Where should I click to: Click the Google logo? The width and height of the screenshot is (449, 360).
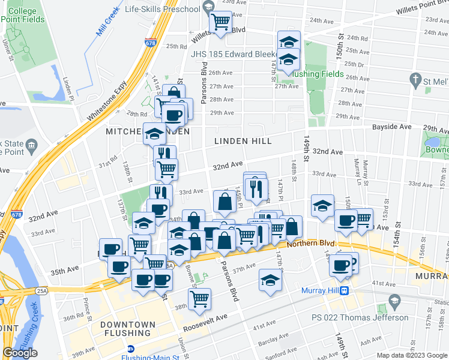click(x=20, y=353)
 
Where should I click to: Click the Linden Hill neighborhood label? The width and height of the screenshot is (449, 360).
click(x=243, y=141)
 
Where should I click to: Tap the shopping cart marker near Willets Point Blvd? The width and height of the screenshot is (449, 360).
click(x=221, y=22)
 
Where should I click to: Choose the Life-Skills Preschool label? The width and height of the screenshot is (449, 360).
click(x=162, y=10)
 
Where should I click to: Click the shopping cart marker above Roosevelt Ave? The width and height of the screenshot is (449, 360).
click(x=201, y=298)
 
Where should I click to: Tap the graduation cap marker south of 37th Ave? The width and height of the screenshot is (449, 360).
click(x=270, y=280)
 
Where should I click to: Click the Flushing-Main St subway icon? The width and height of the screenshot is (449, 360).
click(x=130, y=349)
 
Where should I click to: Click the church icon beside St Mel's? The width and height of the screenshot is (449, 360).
click(x=414, y=79)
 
